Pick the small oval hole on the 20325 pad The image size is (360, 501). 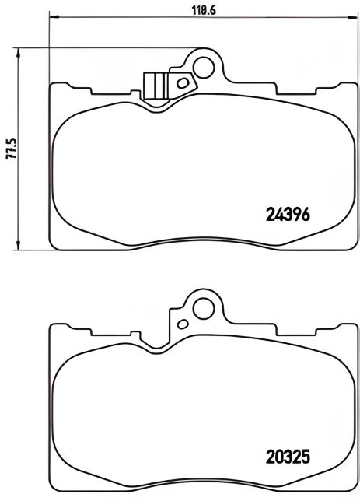coord(183,323)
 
